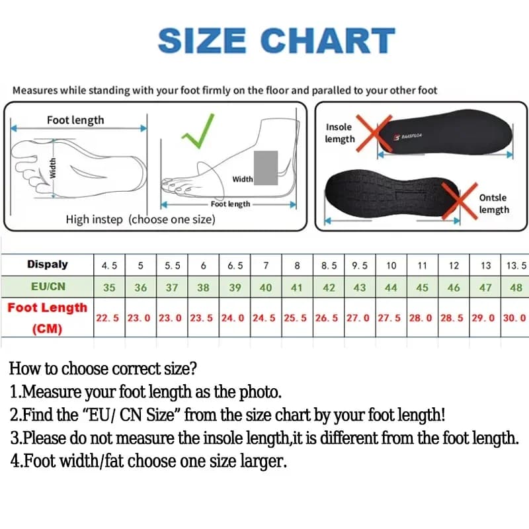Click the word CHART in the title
(327, 40)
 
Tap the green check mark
(198, 132)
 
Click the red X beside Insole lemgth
(374, 134)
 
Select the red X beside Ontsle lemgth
(460, 201)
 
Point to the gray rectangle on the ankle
(266, 168)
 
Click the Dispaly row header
(48, 264)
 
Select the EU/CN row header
(48, 286)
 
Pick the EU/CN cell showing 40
(266, 288)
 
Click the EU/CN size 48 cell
(516, 288)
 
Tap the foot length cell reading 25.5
(295, 318)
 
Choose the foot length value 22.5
(107, 318)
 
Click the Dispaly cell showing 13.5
(516, 266)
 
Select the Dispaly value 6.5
(235, 266)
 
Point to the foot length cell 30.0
(514, 318)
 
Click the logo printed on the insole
(407, 136)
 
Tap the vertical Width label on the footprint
(53, 168)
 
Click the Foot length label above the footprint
(75, 120)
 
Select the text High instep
(94, 220)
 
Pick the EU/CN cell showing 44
(391, 288)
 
